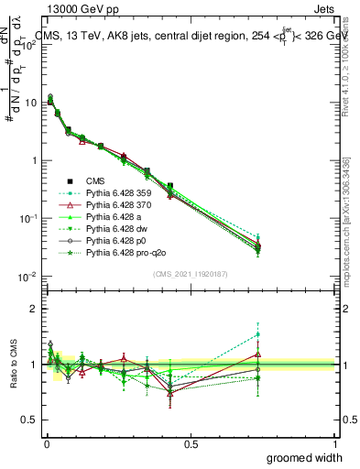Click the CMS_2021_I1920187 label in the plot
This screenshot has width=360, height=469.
pyautogui.click(x=190, y=276)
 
